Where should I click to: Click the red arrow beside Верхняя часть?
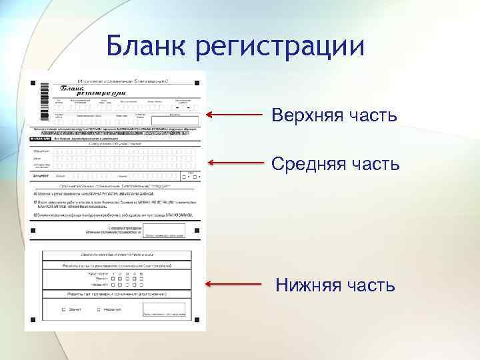[234, 115]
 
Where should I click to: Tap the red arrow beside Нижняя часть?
[234, 284]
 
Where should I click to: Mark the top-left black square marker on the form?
[31, 83]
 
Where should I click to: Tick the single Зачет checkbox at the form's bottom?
[64, 309]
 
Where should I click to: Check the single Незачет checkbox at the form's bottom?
[99, 309]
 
